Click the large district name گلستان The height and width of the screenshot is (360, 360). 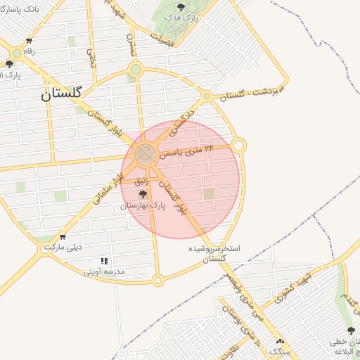(61, 93)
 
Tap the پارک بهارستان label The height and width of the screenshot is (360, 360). (147, 206)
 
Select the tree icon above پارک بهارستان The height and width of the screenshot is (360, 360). (143, 195)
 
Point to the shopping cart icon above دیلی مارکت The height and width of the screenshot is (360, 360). (63, 237)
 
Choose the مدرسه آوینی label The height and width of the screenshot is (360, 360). (103, 271)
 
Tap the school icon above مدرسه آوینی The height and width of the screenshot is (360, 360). (104, 261)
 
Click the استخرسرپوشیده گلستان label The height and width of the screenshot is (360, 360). (214, 254)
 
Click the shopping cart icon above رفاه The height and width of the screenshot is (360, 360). (28, 41)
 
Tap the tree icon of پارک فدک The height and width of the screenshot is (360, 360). (181, 7)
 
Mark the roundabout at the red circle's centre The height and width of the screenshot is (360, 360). (145, 154)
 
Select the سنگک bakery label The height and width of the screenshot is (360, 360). (280, 350)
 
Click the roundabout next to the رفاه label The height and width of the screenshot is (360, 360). (15, 53)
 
